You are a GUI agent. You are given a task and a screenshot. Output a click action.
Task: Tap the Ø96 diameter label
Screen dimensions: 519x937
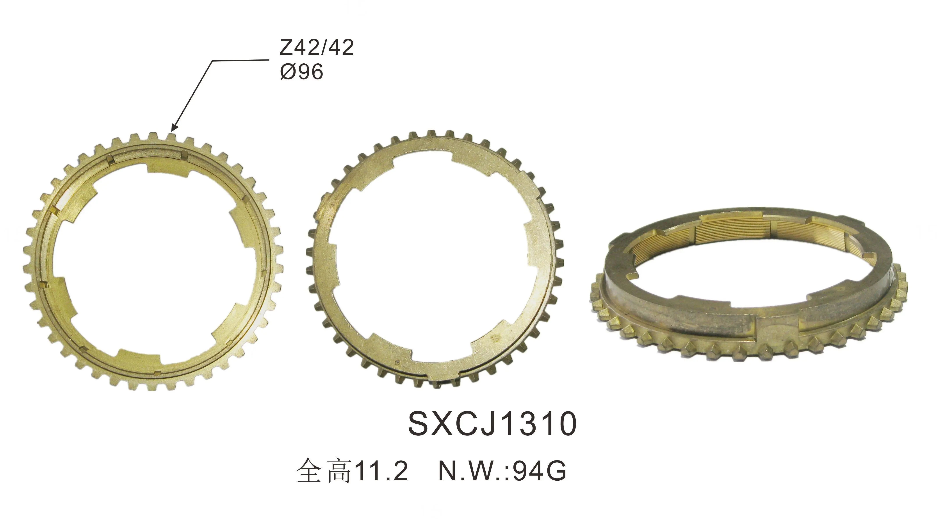coord(301,72)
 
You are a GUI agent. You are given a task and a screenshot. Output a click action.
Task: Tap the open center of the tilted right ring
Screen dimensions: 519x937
coord(749,277)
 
